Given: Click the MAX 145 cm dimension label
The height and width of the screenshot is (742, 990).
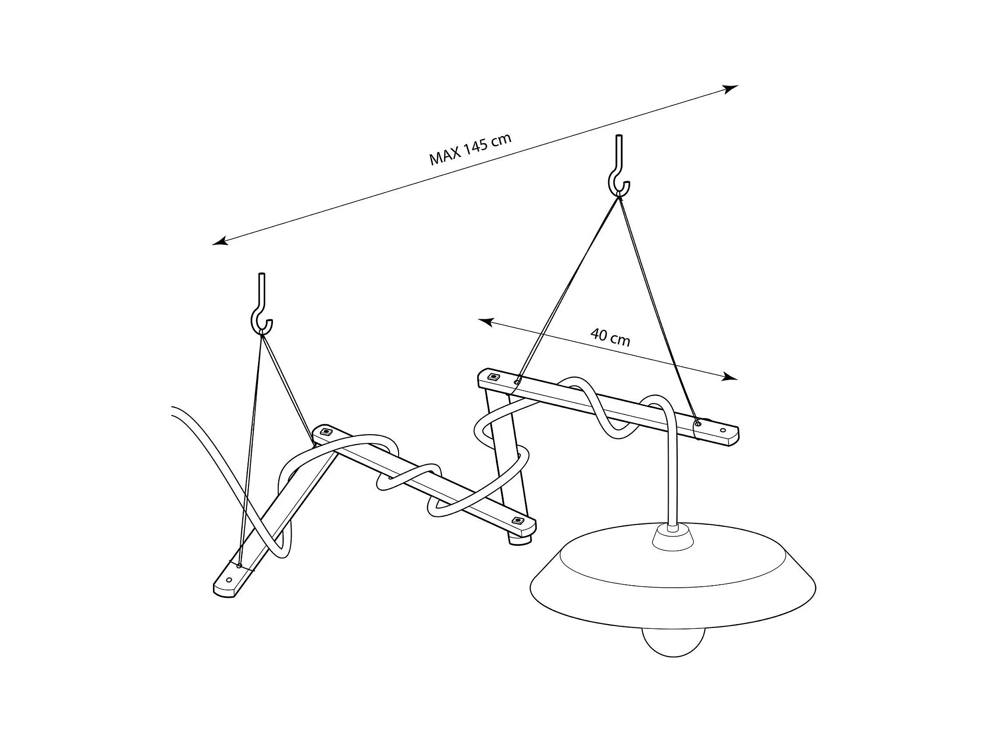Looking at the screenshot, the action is point(470,149).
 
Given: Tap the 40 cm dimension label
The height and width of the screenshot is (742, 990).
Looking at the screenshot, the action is point(610,337).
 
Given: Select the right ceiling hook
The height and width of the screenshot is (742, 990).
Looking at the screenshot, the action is point(619,170).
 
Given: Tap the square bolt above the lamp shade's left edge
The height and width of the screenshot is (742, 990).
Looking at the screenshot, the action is point(518,521).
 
